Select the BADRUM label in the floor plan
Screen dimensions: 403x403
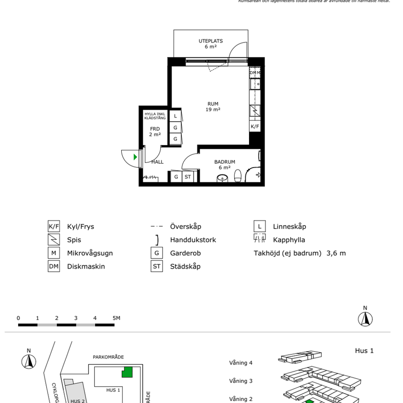pos(224,162)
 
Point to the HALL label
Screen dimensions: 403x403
pos(158,162)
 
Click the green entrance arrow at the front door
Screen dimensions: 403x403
pos(135,157)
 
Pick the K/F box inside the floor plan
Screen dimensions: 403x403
pos(254,126)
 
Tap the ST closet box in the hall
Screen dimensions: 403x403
pos(188,177)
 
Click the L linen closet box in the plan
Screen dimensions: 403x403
pos(175,116)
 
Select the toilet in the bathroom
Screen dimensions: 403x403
pos(237,176)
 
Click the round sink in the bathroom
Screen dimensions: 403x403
pos(222,177)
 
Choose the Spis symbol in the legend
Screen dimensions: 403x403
pos(54,240)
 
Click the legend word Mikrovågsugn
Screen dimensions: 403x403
pos(90,253)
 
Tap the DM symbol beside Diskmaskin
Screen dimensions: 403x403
pos(54,267)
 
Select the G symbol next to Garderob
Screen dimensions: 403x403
pos(157,253)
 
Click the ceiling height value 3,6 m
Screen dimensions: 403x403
pos(336,253)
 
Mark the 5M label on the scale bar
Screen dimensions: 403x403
pos(116,318)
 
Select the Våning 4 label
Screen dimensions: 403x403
pos(241,362)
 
